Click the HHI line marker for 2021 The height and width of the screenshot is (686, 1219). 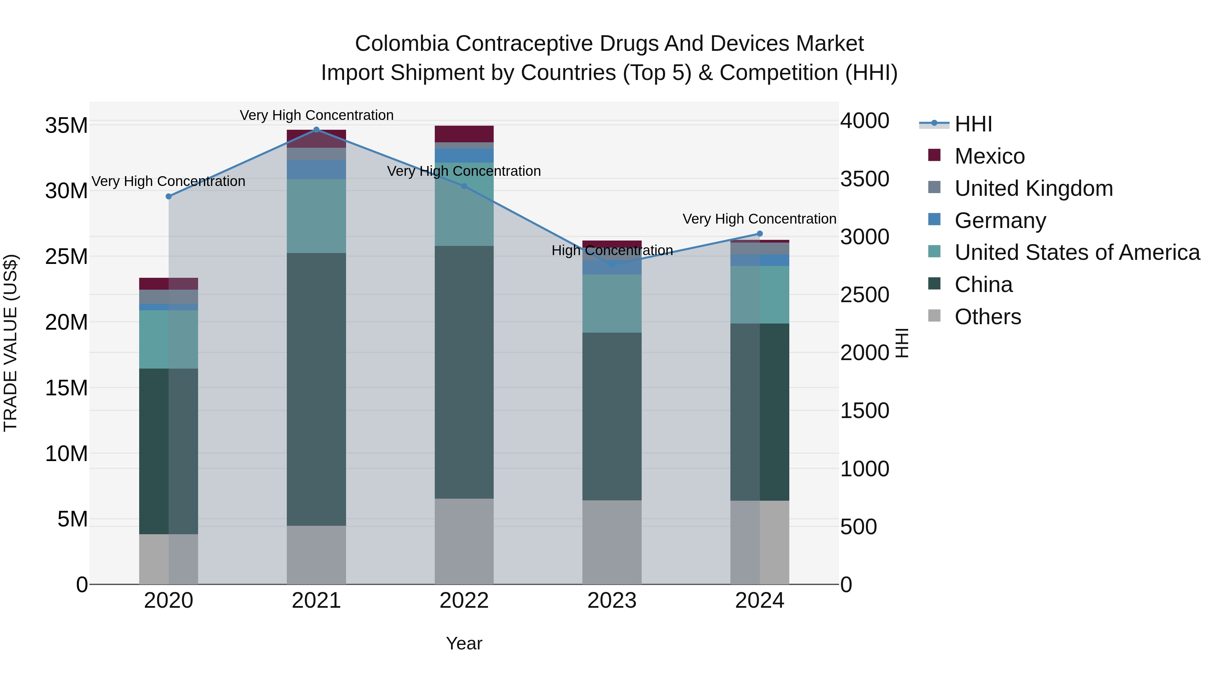(x=316, y=130)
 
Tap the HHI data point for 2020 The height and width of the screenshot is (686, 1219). (x=169, y=196)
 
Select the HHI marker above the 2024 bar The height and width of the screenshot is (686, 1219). (x=760, y=233)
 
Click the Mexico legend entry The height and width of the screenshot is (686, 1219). (x=989, y=156)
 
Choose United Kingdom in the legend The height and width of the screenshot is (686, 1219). (x=1033, y=188)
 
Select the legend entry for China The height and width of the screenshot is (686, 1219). (x=983, y=285)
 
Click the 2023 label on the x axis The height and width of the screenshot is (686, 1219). (x=612, y=601)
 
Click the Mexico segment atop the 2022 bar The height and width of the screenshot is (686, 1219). (x=464, y=134)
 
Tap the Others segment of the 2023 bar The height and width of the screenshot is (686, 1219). (x=612, y=542)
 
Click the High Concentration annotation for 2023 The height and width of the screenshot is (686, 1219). (x=612, y=250)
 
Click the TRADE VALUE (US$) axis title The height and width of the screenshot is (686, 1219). (x=10, y=343)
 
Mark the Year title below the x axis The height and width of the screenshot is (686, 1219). (x=464, y=643)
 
